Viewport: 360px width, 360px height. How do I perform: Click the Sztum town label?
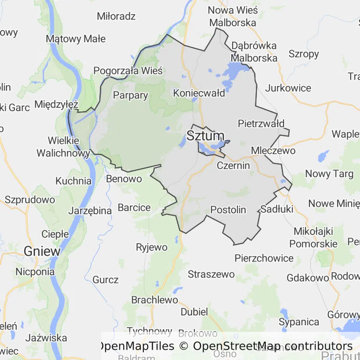click(x=205, y=136)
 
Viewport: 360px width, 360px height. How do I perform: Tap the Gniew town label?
click(x=42, y=251)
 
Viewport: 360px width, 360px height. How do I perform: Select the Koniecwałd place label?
click(x=199, y=93)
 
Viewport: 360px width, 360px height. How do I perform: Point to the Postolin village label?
click(x=228, y=210)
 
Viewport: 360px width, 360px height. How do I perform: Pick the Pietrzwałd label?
click(x=261, y=124)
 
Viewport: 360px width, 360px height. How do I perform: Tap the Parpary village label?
click(x=131, y=96)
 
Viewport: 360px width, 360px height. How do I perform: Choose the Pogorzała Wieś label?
click(x=128, y=71)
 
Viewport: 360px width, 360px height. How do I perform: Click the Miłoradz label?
click(x=116, y=16)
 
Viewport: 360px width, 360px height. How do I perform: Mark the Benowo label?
click(x=124, y=179)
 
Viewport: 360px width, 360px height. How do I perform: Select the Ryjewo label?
click(x=151, y=247)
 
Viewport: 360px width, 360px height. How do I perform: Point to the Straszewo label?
click(x=211, y=274)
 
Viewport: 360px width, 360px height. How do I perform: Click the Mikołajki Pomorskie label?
click(x=313, y=237)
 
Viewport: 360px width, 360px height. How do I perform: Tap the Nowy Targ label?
click(x=329, y=174)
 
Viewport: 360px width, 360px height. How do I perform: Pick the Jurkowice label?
click(x=288, y=88)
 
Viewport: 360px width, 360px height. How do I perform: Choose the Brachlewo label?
click(x=155, y=300)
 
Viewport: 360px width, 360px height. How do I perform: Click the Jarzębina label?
click(x=90, y=210)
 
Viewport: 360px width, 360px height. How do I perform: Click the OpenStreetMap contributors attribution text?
click(x=273, y=346)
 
